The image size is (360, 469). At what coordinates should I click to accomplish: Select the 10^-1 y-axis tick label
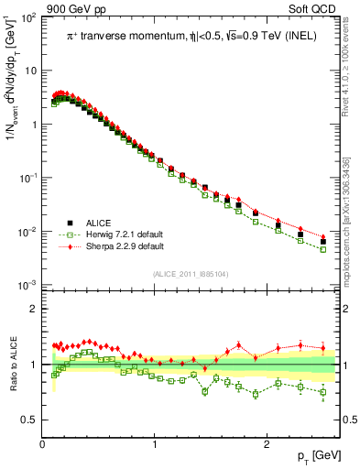(x=28, y=179)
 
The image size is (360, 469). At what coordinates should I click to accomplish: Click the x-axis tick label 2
(x=266, y=443)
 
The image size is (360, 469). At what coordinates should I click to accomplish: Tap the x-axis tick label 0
(x=43, y=443)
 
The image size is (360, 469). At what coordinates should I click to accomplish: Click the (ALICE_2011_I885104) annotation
(x=191, y=275)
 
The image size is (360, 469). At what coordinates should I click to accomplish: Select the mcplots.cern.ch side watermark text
(x=351, y=220)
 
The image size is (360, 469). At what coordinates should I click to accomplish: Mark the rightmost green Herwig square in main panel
(x=322, y=249)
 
